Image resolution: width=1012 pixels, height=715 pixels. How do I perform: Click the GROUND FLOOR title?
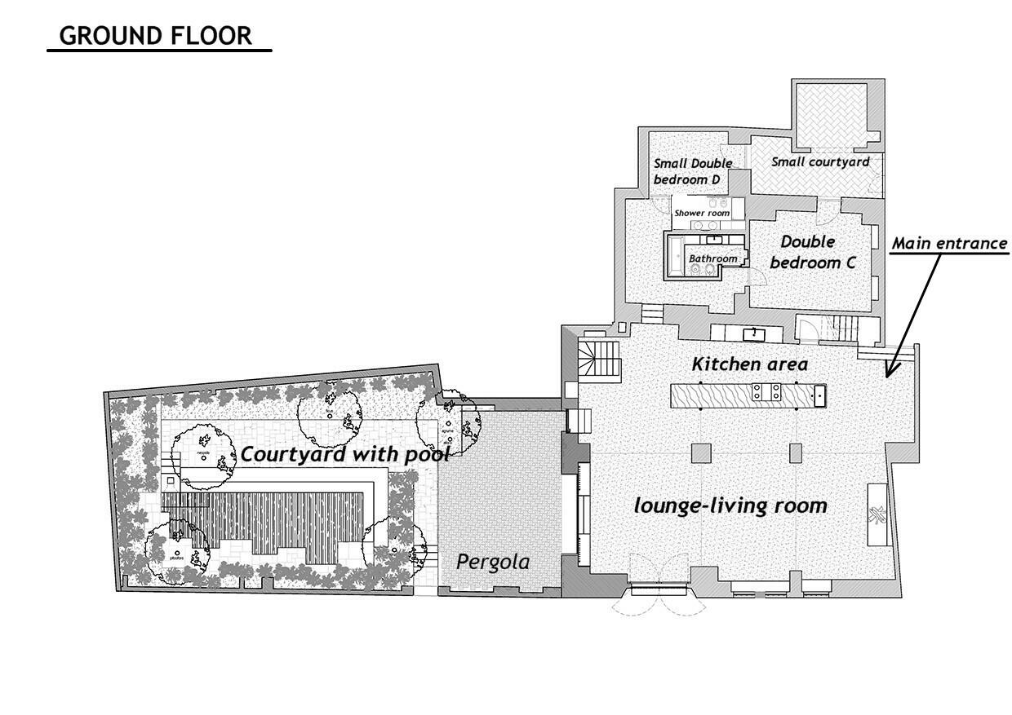(x=156, y=36)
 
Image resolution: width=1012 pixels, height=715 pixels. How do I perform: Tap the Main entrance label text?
(x=949, y=244)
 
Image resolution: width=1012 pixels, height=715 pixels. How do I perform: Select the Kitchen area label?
(x=749, y=364)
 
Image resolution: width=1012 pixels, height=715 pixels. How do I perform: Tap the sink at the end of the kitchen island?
(x=819, y=395)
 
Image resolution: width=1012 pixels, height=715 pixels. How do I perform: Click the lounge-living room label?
(x=730, y=506)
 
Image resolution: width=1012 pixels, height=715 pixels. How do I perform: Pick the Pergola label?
(x=492, y=562)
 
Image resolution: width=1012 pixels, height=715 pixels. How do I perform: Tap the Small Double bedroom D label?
(x=692, y=170)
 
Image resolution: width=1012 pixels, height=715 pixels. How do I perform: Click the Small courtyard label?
(x=819, y=161)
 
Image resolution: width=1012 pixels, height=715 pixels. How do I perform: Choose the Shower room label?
(x=701, y=213)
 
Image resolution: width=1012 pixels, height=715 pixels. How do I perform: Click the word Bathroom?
(x=712, y=258)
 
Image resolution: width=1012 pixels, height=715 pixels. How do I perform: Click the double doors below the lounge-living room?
(x=661, y=602)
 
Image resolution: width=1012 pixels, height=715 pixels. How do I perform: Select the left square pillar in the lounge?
(x=700, y=452)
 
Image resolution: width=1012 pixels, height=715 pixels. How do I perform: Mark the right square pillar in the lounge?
(x=797, y=452)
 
